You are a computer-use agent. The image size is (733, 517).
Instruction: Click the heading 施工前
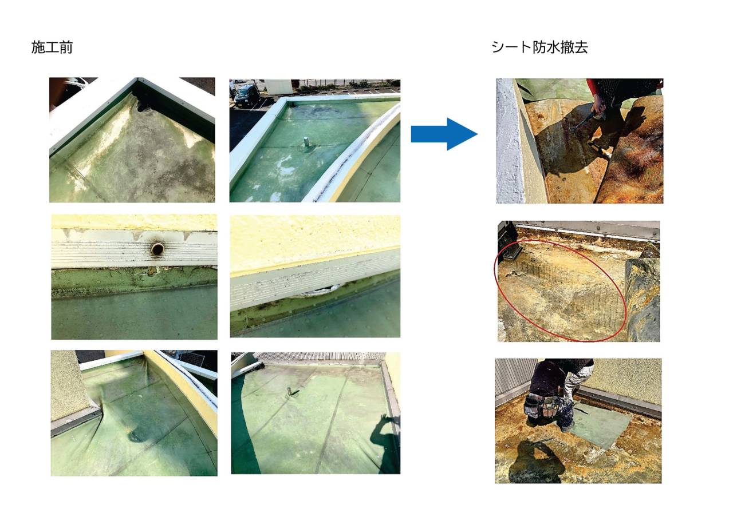(x=52, y=47)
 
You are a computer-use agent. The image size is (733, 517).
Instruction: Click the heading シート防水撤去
(x=539, y=47)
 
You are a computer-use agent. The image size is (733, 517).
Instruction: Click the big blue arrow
(x=444, y=134)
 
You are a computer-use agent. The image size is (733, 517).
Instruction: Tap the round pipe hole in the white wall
(x=157, y=249)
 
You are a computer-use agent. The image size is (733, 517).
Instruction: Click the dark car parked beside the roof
(x=246, y=95)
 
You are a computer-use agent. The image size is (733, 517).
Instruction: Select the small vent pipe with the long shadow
(x=290, y=392)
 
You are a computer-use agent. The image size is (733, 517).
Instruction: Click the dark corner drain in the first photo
(x=143, y=101)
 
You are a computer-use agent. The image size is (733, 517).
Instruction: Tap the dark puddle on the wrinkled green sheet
(x=139, y=435)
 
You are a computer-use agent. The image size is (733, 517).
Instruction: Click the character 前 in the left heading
(x=66, y=47)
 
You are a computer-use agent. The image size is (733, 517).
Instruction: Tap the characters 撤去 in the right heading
(x=574, y=47)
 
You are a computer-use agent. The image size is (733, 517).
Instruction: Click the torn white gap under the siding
(x=317, y=290)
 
